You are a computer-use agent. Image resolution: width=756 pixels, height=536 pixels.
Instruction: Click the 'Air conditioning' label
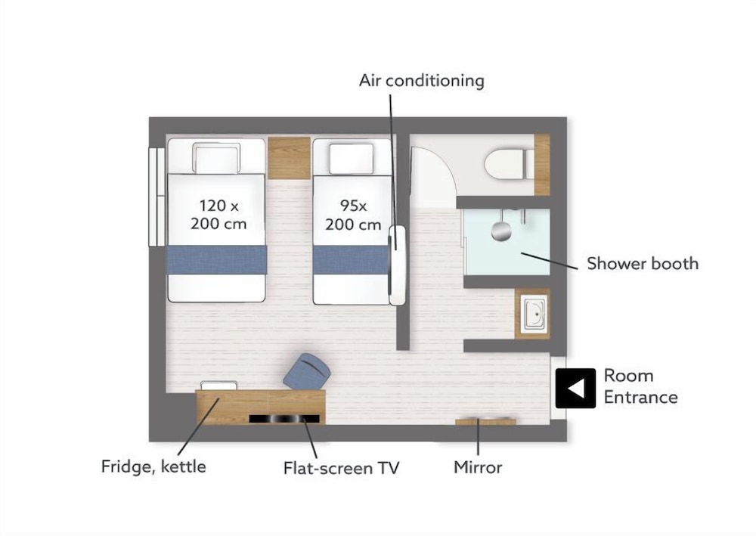421,81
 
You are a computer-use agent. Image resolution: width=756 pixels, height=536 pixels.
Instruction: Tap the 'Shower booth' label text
642,264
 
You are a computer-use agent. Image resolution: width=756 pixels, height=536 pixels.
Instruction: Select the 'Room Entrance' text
641,386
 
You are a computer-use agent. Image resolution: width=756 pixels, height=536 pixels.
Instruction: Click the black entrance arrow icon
575,388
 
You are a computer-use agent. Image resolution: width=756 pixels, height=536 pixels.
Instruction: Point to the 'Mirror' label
478,467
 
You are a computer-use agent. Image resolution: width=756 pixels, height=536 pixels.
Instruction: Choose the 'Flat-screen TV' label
342,468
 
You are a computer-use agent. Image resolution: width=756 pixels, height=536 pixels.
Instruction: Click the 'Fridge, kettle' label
153,466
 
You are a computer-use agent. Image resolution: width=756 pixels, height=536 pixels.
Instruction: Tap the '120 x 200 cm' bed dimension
218,215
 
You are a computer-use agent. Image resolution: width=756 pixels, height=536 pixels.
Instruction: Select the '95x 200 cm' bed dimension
353,215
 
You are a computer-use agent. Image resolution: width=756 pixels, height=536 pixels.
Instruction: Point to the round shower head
501,231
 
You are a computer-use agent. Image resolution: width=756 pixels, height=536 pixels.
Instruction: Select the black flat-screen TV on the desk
284,419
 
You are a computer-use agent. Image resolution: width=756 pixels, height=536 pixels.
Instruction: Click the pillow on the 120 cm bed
216,157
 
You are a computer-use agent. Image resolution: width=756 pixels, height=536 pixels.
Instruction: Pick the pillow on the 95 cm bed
351,158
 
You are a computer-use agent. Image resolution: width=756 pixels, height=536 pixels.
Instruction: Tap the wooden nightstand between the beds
289,158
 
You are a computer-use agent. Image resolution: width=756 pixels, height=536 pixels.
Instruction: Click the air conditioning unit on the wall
398,265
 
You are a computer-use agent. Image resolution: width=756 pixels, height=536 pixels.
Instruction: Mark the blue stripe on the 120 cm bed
216,259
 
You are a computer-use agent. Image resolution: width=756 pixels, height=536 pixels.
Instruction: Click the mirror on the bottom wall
485,423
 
